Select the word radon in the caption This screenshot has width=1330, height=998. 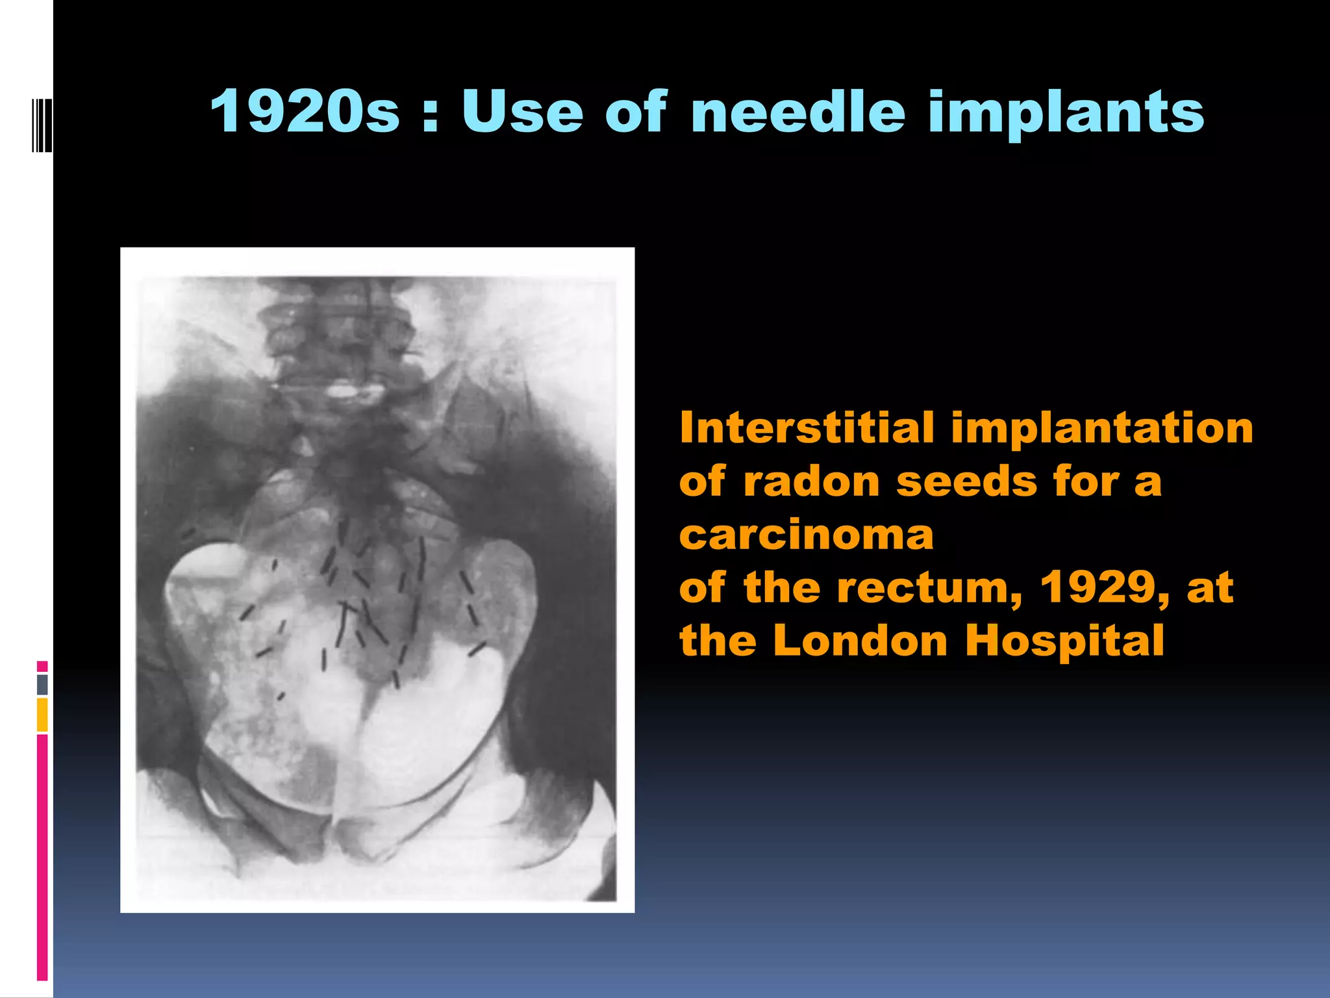pyautogui.click(x=811, y=482)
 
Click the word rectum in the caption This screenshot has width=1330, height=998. pyautogui.click(x=929, y=589)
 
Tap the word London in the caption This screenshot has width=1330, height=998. pyautogui.click(x=861, y=641)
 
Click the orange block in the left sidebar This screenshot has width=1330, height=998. pyautogui.click(x=42, y=715)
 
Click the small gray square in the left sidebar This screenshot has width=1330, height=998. pyautogui.click(x=42, y=684)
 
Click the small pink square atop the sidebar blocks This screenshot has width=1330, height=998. pyautogui.click(x=42, y=666)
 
